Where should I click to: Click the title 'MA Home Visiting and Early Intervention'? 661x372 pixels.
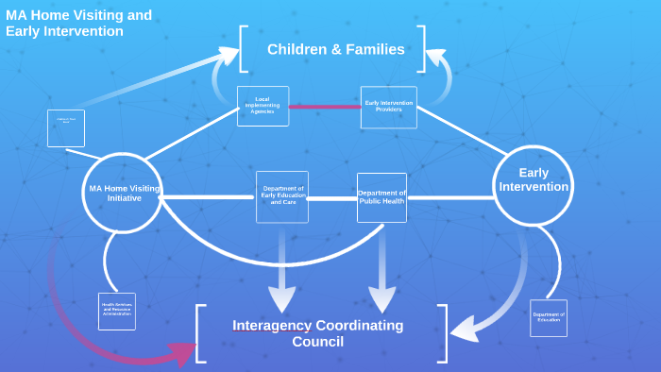point(78,24)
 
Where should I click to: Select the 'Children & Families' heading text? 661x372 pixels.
point(335,49)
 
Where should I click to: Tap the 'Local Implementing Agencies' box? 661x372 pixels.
point(263,106)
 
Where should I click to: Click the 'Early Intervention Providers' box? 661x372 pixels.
point(388,107)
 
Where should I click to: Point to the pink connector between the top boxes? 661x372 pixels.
point(325,107)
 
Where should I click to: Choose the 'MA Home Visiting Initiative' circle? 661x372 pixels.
point(123,193)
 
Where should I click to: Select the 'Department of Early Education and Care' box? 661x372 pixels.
point(282,196)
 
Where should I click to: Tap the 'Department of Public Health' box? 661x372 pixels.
point(381,196)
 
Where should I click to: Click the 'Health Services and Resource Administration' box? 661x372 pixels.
point(117,311)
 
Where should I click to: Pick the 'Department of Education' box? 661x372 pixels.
point(548,317)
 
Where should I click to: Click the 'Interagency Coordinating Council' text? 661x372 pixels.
point(317,333)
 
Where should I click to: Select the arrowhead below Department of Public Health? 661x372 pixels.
point(381,299)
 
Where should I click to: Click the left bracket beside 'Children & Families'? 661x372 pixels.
point(245,48)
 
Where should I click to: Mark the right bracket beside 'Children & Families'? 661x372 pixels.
point(421,48)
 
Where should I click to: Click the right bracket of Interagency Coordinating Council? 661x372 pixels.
point(443,333)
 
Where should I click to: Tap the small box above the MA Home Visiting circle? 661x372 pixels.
point(66,127)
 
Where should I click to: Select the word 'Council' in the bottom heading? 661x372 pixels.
point(317,342)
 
